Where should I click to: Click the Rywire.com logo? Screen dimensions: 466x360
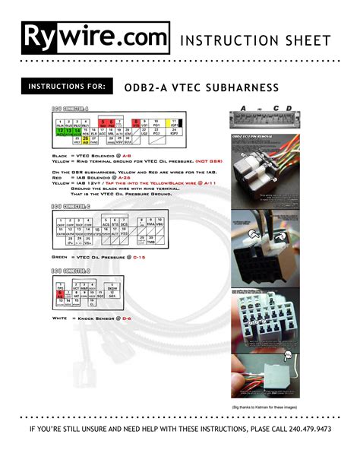coord(94,38)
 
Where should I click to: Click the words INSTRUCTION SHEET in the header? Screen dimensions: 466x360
coord(255,40)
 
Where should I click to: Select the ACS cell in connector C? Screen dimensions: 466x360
coord(106,226)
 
